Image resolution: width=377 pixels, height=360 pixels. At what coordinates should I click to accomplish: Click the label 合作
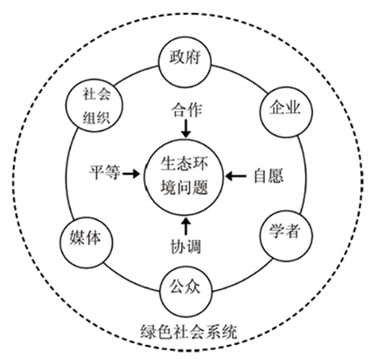(186, 110)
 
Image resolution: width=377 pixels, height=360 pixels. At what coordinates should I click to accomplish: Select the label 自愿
(269, 176)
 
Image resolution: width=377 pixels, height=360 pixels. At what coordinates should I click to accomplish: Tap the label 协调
(185, 247)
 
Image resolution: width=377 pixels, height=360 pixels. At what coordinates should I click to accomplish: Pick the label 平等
(105, 172)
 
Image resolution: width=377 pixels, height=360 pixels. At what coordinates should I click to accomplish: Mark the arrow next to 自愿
(236, 176)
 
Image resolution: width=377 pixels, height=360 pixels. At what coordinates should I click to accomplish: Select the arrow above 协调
(186, 226)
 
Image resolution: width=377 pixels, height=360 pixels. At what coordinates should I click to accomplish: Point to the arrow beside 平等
(131, 174)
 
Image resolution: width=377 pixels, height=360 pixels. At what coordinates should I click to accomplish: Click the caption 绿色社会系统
(189, 332)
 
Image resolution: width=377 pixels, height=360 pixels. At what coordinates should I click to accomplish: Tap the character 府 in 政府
(193, 57)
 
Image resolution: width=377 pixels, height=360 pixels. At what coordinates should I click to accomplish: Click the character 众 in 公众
(193, 286)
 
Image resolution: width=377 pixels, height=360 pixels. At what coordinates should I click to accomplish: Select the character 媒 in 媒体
(77, 238)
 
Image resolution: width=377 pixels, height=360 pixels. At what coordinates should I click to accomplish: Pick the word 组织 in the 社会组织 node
(96, 118)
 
